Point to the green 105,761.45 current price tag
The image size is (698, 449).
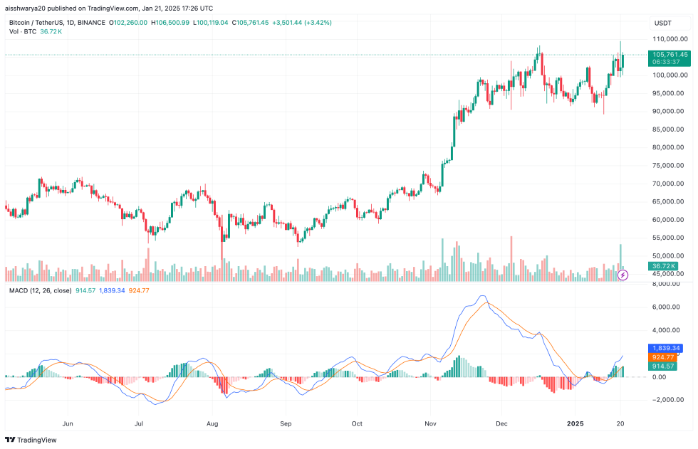tap(670, 55)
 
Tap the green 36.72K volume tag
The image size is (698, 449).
tap(662, 266)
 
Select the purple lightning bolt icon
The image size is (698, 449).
tap(623, 275)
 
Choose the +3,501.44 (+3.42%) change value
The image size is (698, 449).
tap(303, 23)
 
